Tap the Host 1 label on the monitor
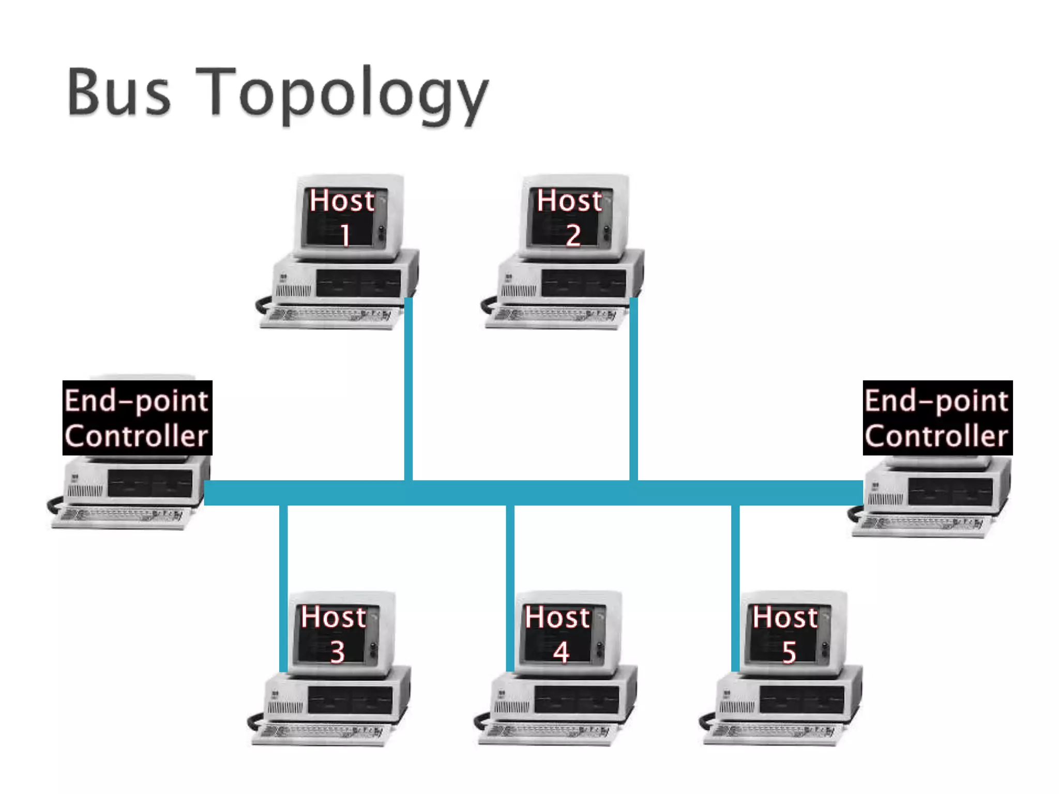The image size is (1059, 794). click(x=342, y=217)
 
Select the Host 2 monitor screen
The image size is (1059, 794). click(x=569, y=217)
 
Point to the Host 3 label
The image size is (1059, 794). click(x=334, y=634)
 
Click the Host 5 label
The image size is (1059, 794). click(x=785, y=634)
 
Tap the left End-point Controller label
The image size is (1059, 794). click(x=137, y=418)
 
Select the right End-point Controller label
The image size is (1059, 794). click(x=937, y=418)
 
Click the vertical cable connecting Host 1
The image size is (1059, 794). click(x=409, y=388)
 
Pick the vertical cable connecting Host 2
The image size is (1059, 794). click(x=633, y=388)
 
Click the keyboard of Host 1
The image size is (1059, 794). click(x=331, y=316)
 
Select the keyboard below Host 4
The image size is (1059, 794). click(x=548, y=733)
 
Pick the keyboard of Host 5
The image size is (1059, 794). click(x=773, y=733)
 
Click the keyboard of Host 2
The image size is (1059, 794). click(x=556, y=316)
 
